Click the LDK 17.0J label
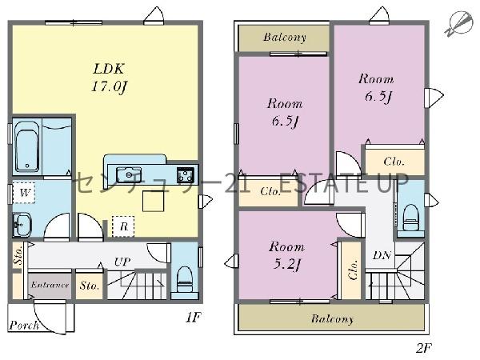click(x=110, y=78)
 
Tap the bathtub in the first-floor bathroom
click(x=27, y=147)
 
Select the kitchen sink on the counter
click(x=129, y=174)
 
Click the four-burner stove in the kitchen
click(x=186, y=175)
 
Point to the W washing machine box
click(x=24, y=193)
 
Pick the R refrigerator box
click(x=123, y=226)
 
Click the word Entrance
click(x=50, y=285)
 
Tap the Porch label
click(x=24, y=325)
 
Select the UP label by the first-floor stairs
click(x=122, y=262)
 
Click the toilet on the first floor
click(x=185, y=279)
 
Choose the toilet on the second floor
click(x=411, y=218)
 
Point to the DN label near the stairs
click(x=382, y=255)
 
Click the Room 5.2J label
click(x=286, y=256)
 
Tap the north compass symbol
click(x=458, y=24)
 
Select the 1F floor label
click(x=193, y=318)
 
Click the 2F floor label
click(x=424, y=348)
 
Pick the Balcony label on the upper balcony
click(x=285, y=38)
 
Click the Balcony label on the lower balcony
click(x=332, y=319)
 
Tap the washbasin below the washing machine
click(x=22, y=226)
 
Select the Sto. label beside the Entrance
click(x=89, y=286)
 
